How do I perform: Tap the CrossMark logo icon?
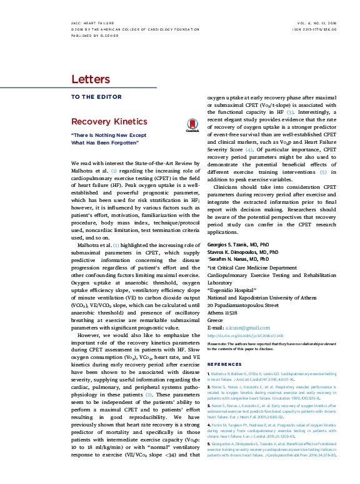tap(191, 126)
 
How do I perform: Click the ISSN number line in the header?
tap(316, 29)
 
